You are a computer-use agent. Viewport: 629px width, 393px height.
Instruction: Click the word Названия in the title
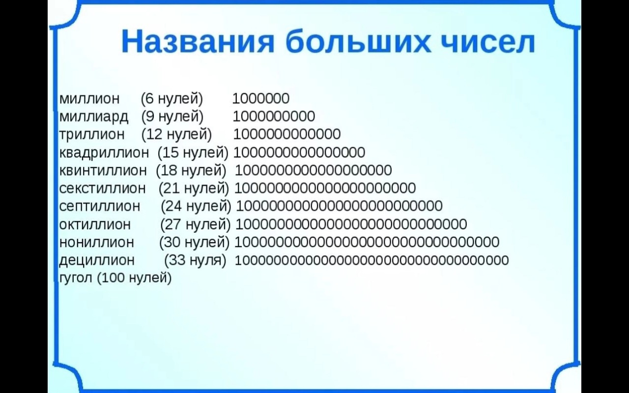pyautogui.click(x=198, y=42)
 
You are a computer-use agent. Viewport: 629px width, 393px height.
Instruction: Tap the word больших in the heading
pyautogui.click(x=358, y=42)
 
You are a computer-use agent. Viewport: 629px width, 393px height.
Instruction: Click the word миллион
pyautogui.click(x=89, y=99)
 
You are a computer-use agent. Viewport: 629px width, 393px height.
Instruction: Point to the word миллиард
pyautogui.click(x=94, y=117)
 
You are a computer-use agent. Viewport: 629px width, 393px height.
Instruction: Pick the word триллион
pyautogui.click(x=92, y=135)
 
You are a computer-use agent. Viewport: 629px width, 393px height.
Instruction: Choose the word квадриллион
pyautogui.click(x=104, y=153)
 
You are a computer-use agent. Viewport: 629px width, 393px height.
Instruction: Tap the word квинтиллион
pyautogui.click(x=103, y=170)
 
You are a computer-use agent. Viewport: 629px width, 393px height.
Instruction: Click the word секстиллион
pyautogui.click(x=103, y=188)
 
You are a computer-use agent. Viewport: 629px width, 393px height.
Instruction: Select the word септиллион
pyautogui.click(x=100, y=206)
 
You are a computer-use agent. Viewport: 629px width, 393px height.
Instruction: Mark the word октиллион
pyautogui.click(x=95, y=225)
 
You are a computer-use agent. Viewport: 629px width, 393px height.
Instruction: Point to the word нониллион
pyautogui.click(x=97, y=242)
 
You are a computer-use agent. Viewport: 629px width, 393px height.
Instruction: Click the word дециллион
pyautogui.click(x=97, y=260)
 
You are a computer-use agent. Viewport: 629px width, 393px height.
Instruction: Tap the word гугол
pyautogui.click(x=76, y=278)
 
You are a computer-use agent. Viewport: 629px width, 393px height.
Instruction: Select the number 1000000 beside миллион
pyautogui.click(x=261, y=99)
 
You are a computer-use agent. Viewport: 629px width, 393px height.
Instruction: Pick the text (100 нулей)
pyautogui.click(x=134, y=278)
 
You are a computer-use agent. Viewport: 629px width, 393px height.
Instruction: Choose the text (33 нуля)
pyautogui.click(x=195, y=260)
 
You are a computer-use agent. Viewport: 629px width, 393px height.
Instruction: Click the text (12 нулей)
pyautogui.click(x=176, y=135)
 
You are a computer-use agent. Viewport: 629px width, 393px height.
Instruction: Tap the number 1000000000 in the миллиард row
pyautogui.click(x=274, y=116)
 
